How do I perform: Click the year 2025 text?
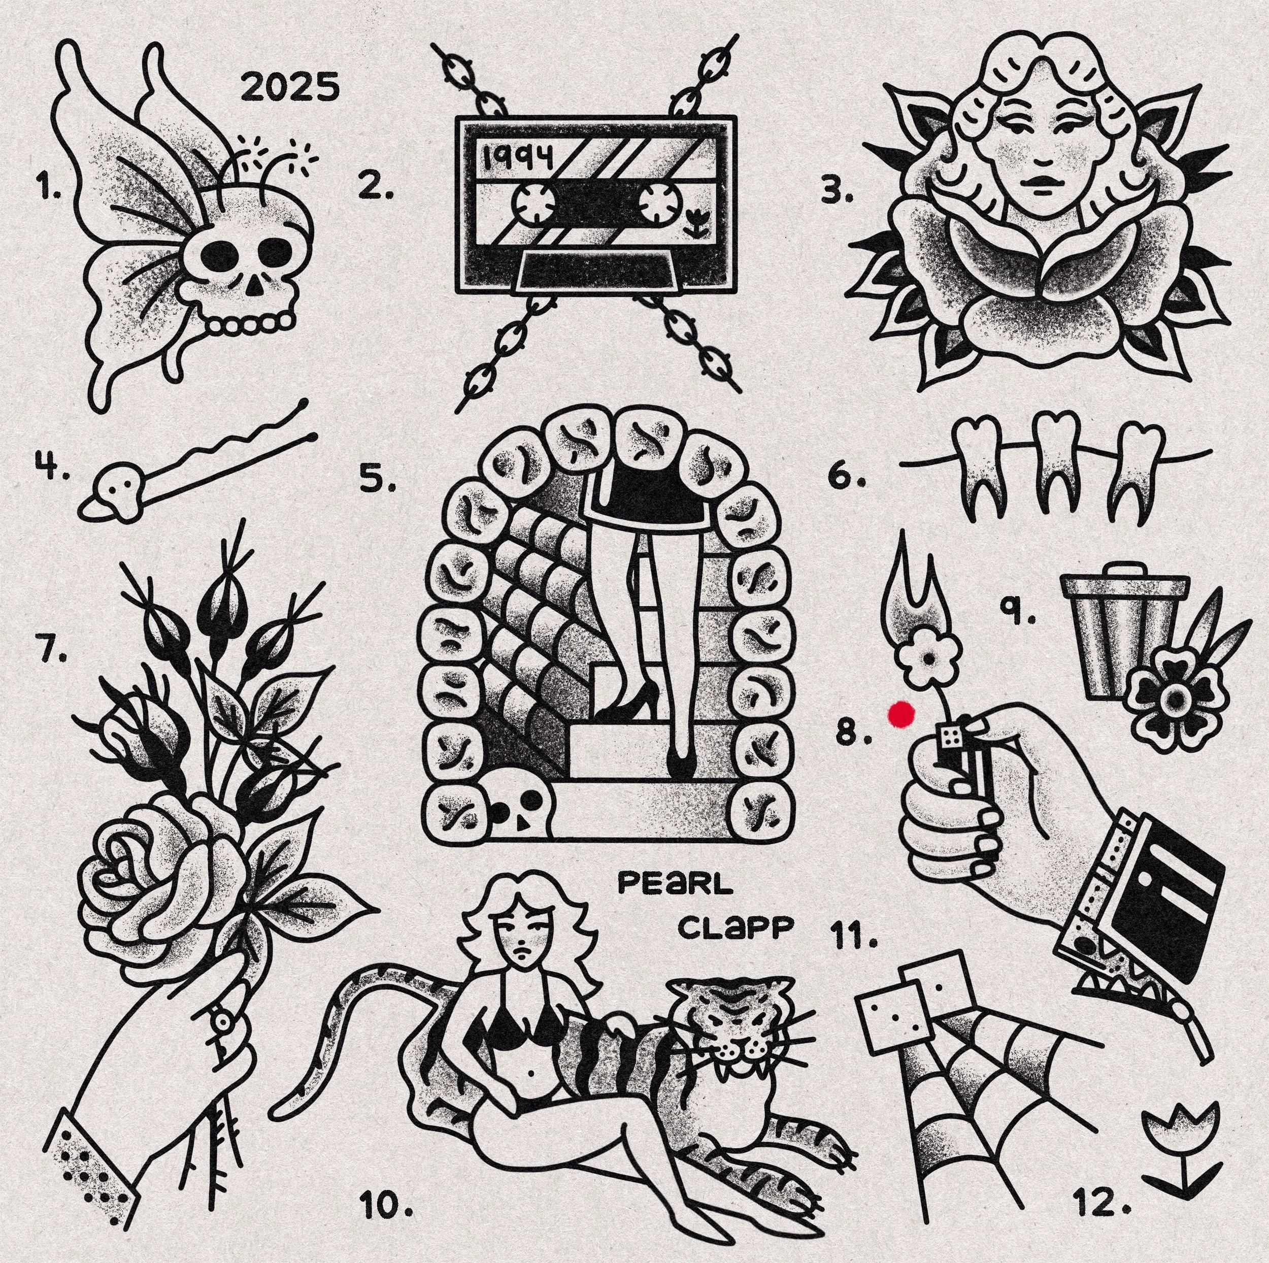coord(291,87)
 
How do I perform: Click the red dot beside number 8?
coord(901,715)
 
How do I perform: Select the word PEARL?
coord(675,884)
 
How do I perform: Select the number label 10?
coord(387,1223)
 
